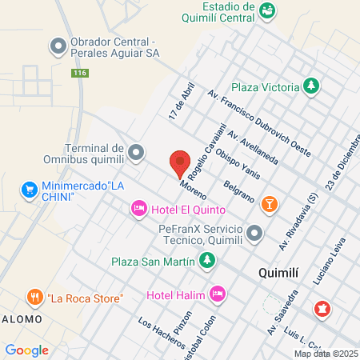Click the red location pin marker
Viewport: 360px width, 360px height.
(180, 163)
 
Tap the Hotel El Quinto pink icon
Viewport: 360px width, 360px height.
(138, 209)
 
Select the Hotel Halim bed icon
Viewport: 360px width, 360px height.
(216, 294)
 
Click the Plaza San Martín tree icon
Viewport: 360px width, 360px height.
(207, 260)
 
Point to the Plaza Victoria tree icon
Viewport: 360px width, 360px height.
(311, 86)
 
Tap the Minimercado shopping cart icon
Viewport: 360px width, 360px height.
(30, 190)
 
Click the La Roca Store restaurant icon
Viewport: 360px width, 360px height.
(34, 298)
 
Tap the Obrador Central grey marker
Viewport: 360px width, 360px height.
(58, 46)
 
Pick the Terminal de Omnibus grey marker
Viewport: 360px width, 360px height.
(136, 151)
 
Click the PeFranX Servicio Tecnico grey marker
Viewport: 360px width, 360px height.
(254, 234)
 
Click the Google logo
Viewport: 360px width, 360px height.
(26, 350)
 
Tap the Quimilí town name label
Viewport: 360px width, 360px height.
(280, 273)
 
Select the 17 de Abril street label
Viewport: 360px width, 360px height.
(182, 102)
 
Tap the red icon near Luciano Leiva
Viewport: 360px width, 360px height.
(322, 307)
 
